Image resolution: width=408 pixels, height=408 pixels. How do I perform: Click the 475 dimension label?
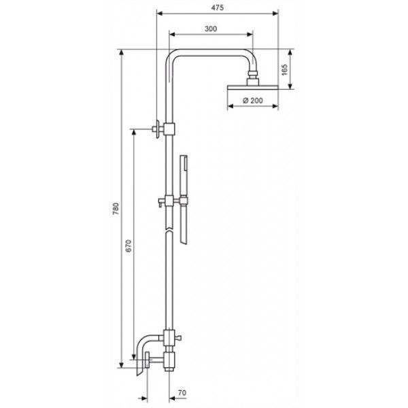coord(218,7)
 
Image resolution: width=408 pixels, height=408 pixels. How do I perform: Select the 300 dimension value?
coord(211,29)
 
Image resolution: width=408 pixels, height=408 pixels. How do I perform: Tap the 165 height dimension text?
coord(285,69)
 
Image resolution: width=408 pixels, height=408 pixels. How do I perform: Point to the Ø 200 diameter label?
coord(253,101)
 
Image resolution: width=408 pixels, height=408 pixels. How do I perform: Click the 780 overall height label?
coord(116,209)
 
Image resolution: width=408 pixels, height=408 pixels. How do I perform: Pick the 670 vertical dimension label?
coord(129,246)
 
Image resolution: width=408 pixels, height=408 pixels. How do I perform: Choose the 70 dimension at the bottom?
coord(182,392)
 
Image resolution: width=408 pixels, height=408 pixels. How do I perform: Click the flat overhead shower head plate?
coord(253,88)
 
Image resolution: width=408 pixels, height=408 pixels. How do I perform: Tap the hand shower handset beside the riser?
coord(184,199)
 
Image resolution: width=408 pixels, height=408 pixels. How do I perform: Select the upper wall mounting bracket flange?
coord(158,129)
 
